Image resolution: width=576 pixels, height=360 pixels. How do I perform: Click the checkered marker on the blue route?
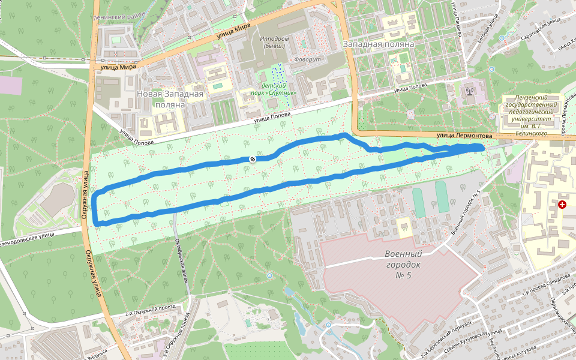point(253,159)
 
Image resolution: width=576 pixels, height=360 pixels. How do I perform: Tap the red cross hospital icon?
point(562,205)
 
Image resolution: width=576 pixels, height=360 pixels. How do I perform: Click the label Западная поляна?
point(379,44)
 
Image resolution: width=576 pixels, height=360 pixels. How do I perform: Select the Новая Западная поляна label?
point(170,99)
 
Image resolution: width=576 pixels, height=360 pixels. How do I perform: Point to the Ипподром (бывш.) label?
point(275,39)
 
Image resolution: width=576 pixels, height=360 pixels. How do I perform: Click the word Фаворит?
point(305,59)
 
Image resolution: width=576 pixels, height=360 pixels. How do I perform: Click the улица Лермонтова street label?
point(464,136)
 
